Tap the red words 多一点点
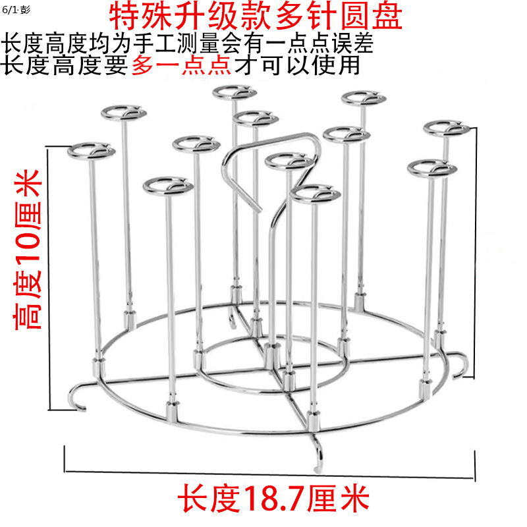tap(172, 65)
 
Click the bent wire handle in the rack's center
tap(270, 165)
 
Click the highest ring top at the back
tap(231, 92)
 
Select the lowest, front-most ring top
tap(315, 194)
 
